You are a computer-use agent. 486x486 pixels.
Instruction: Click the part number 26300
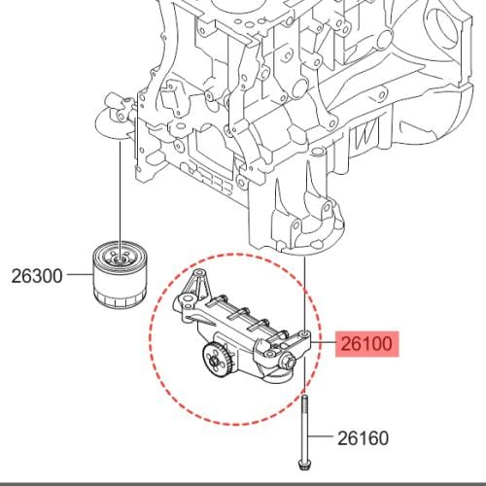(x=37, y=276)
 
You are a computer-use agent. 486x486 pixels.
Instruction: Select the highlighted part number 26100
(x=366, y=344)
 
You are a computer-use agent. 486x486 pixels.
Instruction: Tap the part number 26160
(x=363, y=438)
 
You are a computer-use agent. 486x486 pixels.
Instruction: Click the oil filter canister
(x=120, y=274)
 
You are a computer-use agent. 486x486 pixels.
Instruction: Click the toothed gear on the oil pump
(x=216, y=361)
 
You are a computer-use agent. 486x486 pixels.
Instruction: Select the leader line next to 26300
(x=80, y=275)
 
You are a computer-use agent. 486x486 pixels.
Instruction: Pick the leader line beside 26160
(x=320, y=436)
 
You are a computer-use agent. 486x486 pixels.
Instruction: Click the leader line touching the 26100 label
(x=323, y=343)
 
